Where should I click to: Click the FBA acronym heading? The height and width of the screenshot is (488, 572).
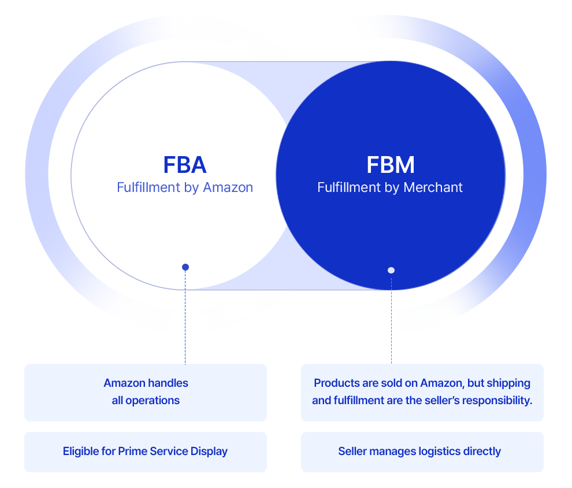pos(185,165)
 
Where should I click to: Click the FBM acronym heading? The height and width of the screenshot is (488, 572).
pos(391,165)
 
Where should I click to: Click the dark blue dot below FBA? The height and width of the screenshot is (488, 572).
pos(185,267)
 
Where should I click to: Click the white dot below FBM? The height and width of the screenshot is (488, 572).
pos(391,270)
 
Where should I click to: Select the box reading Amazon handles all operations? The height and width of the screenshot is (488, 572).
pos(146,392)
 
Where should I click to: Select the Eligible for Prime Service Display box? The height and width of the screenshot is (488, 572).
pos(146,451)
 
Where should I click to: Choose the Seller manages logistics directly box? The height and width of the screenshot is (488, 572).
pos(422,451)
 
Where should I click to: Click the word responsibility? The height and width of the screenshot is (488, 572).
pos(495,400)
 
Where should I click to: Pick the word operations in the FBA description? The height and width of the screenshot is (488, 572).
pos(154,400)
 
